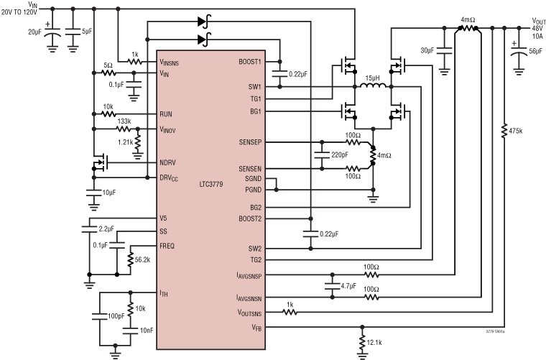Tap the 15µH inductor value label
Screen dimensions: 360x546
(x=371, y=77)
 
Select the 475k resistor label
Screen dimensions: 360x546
(x=515, y=131)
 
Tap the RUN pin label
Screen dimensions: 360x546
(x=166, y=114)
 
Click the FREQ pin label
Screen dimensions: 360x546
(x=167, y=245)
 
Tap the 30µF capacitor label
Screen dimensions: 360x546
(x=427, y=50)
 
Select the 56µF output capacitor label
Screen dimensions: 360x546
(x=535, y=52)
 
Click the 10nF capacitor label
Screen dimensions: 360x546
(x=147, y=330)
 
